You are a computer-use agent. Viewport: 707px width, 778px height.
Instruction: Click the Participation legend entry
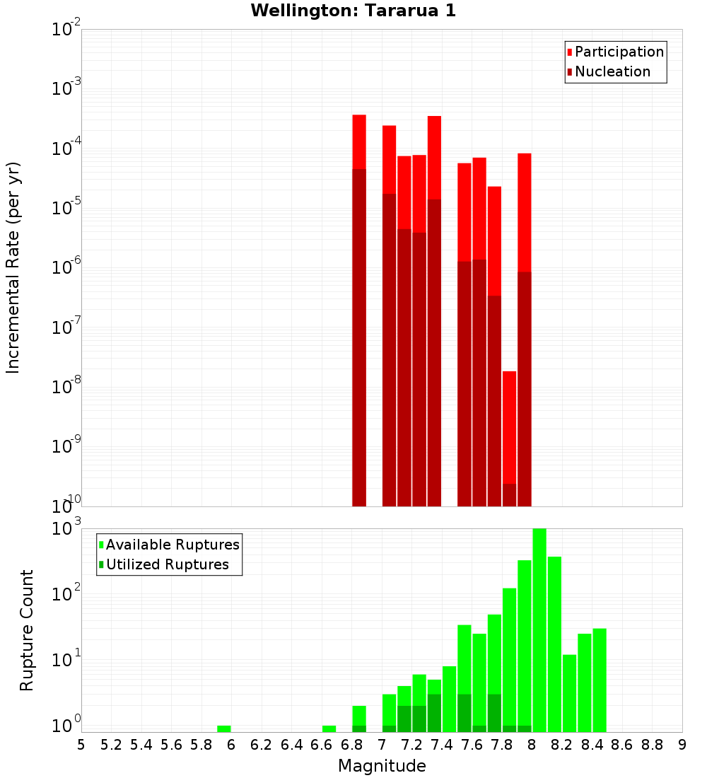click(x=619, y=52)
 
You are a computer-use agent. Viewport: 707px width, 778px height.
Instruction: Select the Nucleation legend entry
click(x=612, y=71)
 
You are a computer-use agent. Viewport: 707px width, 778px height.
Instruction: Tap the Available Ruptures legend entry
click(x=172, y=545)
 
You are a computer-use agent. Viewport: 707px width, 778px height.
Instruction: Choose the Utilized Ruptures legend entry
click(x=167, y=564)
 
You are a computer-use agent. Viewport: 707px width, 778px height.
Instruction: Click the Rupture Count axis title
click(x=27, y=629)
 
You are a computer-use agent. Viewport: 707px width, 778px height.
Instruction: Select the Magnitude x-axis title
click(x=382, y=765)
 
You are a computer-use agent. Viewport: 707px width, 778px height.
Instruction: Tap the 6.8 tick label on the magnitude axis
click(x=351, y=744)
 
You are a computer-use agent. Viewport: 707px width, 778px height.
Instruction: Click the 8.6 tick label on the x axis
click(x=622, y=744)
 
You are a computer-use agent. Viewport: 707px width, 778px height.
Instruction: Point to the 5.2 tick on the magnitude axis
click(x=111, y=744)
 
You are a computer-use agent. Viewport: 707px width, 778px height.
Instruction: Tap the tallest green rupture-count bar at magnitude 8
click(x=539, y=629)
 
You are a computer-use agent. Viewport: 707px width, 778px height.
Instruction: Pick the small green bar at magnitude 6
click(x=224, y=728)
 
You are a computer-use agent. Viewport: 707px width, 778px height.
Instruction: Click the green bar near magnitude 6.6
click(x=329, y=728)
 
